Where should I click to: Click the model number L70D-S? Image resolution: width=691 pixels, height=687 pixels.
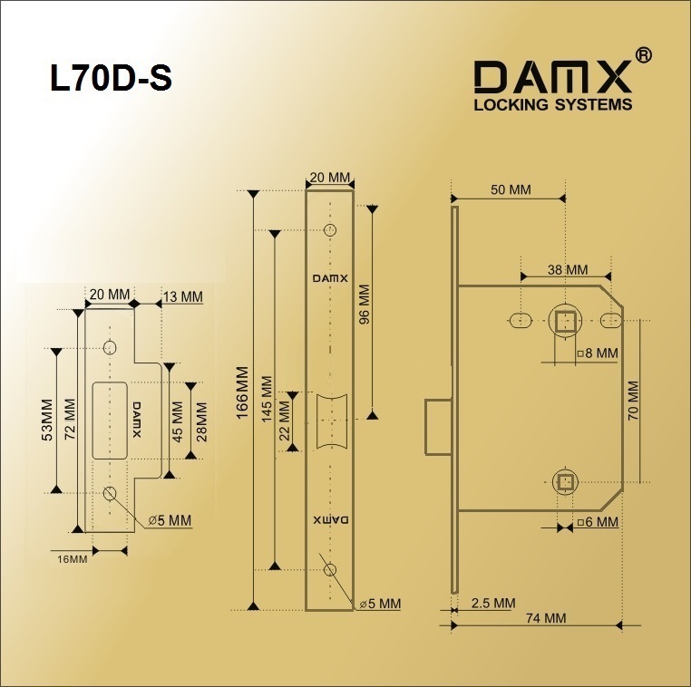[x=111, y=78]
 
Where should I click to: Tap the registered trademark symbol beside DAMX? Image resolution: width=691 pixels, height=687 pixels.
[x=643, y=55]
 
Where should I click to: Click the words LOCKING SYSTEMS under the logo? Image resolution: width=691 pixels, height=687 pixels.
[x=553, y=105]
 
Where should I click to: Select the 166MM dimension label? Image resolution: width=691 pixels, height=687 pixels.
[x=243, y=399]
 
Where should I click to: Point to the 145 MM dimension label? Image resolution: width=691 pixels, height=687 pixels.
[x=268, y=400]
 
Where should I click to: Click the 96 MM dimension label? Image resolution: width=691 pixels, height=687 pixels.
[x=365, y=305]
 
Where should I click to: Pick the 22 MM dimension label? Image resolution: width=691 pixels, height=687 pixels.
[x=284, y=421]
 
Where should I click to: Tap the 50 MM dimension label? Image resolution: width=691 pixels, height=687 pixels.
[x=511, y=189]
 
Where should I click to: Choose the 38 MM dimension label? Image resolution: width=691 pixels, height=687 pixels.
[x=568, y=269]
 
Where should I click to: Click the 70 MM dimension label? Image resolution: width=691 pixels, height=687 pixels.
[x=633, y=401]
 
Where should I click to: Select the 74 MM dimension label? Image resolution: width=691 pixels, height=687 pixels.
[x=546, y=618]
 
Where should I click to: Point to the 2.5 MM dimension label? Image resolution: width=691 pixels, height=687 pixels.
[x=493, y=603]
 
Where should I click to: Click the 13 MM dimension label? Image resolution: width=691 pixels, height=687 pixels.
[x=183, y=296]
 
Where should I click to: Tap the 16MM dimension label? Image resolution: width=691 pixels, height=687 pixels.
[x=73, y=559]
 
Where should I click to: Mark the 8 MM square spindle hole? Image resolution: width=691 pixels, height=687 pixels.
[x=565, y=321]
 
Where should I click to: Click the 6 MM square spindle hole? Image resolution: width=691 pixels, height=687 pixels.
[x=565, y=483]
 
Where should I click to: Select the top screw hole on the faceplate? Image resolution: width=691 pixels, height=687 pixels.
[x=330, y=230]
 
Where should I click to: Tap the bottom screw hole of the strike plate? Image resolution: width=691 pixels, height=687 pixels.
[x=110, y=493]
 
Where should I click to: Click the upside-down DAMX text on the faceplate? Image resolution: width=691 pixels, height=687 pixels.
[x=330, y=520]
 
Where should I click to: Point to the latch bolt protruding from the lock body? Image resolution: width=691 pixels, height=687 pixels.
[x=439, y=427]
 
